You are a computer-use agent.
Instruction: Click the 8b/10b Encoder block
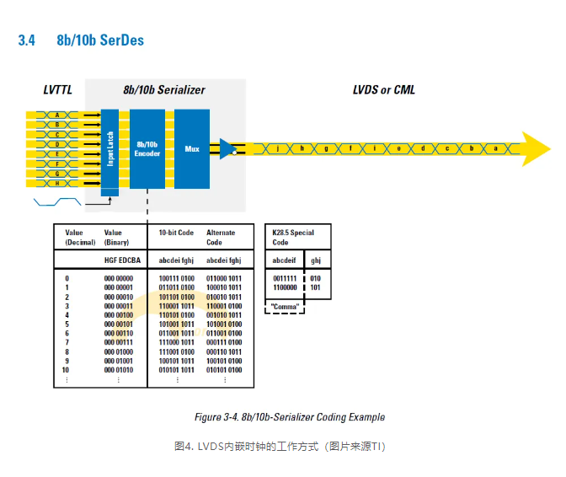[x=147, y=148]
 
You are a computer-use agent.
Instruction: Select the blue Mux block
[x=192, y=148]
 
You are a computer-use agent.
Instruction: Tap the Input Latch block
[x=109, y=148]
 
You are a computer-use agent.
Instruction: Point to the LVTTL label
[x=58, y=90]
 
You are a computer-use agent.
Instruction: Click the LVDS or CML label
[x=383, y=90]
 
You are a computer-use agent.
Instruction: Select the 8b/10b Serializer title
[x=163, y=90]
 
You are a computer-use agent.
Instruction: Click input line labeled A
[x=57, y=115]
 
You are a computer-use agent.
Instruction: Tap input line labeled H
[x=57, y=183]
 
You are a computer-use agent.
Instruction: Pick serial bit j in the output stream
[x=277, y=148]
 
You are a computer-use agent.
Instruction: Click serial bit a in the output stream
[x=496, y=148]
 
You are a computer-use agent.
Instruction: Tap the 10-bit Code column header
[x=176, y=232]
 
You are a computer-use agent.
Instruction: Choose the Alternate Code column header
[x=221, y=236]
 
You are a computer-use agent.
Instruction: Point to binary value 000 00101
[x=118, y=324]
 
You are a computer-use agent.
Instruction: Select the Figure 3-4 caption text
[x=290, y=417]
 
